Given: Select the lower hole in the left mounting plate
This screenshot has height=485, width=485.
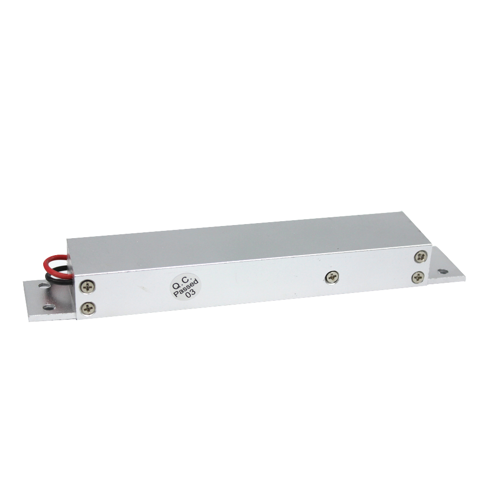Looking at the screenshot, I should [x=49, y=307].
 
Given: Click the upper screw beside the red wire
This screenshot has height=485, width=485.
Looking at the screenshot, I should [x=87, y=287].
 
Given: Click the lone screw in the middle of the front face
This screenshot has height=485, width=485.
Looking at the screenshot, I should [x=332, y=277].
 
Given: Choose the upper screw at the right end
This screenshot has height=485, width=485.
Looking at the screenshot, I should [x=421, y=256].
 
